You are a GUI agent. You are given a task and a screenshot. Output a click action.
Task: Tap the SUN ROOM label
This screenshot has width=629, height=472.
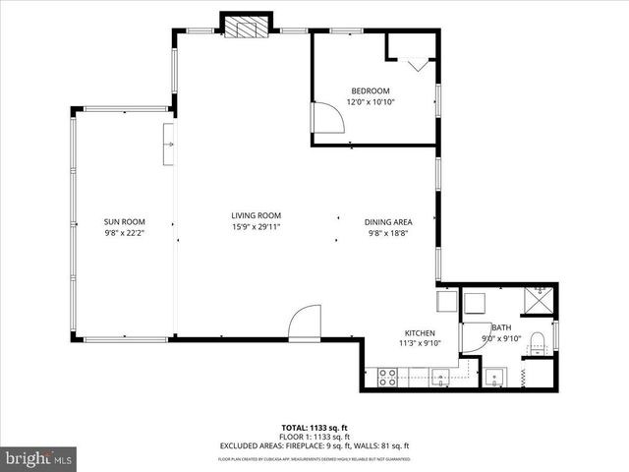tap(125, 221)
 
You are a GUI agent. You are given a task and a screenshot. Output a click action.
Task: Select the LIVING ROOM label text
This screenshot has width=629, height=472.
tap(257, 215)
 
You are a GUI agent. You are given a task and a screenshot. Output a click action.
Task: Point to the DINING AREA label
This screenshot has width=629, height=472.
tap(388, 221)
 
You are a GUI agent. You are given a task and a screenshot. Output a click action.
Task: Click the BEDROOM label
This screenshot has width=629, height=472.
tap(371, 91)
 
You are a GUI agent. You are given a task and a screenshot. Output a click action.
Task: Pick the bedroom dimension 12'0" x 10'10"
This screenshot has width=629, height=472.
tap(371, 102)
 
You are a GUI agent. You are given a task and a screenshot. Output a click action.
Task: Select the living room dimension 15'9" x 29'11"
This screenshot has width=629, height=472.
tap(257, 227)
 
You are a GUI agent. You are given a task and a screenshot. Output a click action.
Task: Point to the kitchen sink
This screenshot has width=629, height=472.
tap(441, 375)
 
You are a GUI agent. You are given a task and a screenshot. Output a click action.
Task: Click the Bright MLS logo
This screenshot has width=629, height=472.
tap(39, 458)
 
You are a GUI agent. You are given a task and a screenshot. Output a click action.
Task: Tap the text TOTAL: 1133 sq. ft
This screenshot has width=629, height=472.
tap(314, 428)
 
